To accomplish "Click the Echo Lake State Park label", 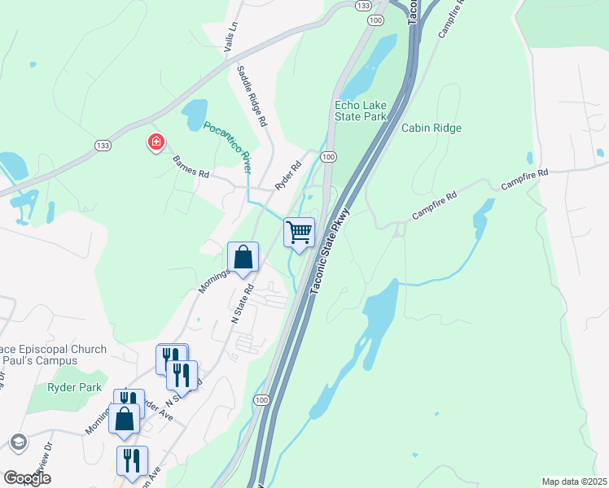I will (360, 111).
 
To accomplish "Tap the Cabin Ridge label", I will (431, 129).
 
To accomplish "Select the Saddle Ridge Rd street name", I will (252, 95).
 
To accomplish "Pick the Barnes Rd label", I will (191, 166).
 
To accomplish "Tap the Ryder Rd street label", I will (288, 175).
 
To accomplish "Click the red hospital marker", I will (155, 143).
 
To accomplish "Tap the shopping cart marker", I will (299, 232).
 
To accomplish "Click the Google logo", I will (27, 478).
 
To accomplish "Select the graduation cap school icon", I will (17, 442).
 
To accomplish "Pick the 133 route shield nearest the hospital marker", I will (103, 145).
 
